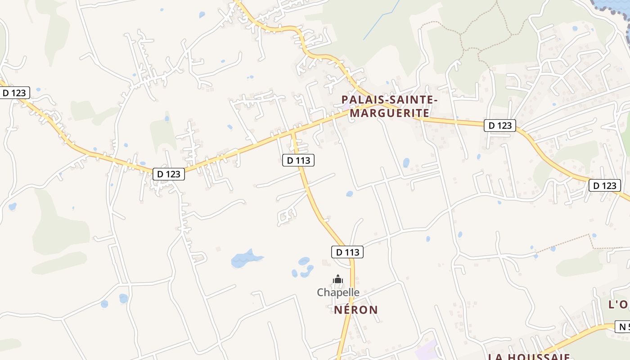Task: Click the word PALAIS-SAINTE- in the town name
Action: click(x=389, y=99)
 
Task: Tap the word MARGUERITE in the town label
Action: click(x=389, y=112)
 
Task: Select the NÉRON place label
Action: click(x=356, y=310)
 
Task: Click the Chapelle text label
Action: click(x=338, y=292)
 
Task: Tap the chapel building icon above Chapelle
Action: click(x=338, y=279)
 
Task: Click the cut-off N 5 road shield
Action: click(x=622, y=327)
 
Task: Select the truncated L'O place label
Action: click(x=619, y=305)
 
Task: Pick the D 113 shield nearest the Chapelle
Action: click(x=348, y=252)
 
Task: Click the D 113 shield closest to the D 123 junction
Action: click(x=298, y=160)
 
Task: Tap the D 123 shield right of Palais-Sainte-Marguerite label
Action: click(x=499, y=125)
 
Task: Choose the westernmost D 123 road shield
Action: click(x=14, y=93)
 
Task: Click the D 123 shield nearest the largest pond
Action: click(x=169, y=174)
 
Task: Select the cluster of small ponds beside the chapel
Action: click(x=304, y=267)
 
